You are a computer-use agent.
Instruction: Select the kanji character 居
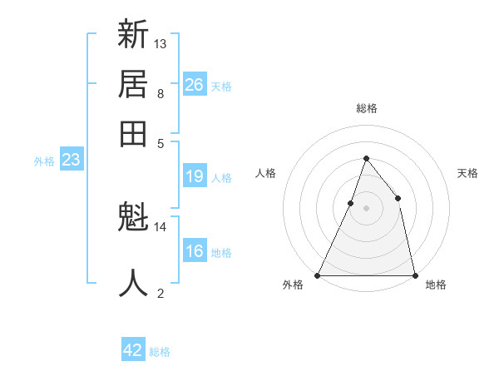(x=133, y=84)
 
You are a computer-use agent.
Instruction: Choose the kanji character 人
(x=133, y=283)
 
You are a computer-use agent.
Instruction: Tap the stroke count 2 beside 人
(x=161, y=292)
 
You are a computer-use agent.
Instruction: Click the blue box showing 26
(x=195, y=84)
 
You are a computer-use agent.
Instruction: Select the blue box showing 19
(x=195, y=176)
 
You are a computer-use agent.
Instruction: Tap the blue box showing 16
(x=195, y=251)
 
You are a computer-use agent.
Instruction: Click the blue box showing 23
(x=71, y=160)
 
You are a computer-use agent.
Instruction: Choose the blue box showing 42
(x=133, y=350)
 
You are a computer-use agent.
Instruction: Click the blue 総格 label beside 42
(x=160, y=352)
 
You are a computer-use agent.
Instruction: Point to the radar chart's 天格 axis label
(x=467, y=173)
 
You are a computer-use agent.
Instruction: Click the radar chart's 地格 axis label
(x=436, y=285)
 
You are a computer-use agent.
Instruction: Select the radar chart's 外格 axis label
(x=293, y=285)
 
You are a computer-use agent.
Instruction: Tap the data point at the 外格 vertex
(x=318, y=275)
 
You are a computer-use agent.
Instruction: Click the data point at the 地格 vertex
(x=414, y=275)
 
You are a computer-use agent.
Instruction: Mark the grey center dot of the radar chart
(x=366, y=208)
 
